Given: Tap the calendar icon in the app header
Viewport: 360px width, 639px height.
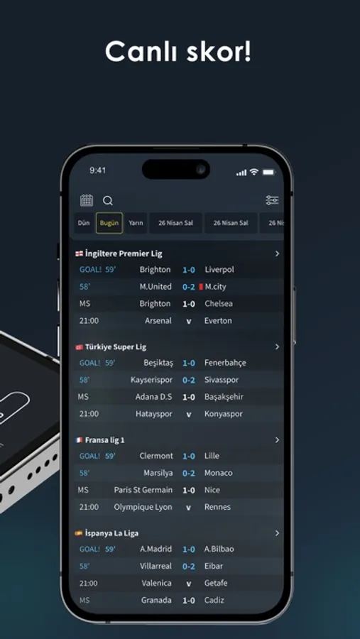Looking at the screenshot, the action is click(x=87, y=200).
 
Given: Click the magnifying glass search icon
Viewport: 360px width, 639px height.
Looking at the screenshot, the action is click(x=108, y=200).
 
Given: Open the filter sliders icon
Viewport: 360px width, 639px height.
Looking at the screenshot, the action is click(x=272, y=200).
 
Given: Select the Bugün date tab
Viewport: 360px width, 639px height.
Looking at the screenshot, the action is click(x=109, y=223).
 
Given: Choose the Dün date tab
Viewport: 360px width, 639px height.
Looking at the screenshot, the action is click(x=84, y=223).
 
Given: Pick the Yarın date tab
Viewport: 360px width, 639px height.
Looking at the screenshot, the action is click(x=136, y=223).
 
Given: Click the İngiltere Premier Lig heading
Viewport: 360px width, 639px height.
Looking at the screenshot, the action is click(x=124, y=253).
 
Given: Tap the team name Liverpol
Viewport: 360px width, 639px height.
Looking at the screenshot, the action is click(x=219, y=269).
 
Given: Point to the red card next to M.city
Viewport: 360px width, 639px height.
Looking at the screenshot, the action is click(x=201, y=287).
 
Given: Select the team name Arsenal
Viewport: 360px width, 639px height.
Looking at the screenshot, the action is click(x=158, y=321).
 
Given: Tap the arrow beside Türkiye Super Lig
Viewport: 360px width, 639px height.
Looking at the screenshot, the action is click(x=277, y=346).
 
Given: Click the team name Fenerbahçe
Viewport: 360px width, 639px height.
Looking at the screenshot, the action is click(x=225, y=363).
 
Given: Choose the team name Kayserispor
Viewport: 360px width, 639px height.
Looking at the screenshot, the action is click(x=151, y=380).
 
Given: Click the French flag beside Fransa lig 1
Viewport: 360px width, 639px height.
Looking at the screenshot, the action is click(x=79, y=440).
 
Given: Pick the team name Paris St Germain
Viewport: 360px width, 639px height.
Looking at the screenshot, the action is click(x=143, y=490).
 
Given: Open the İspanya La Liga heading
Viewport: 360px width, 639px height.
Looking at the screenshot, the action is click(x=111, y=533).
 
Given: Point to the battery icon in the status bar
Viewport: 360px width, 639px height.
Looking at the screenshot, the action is click(x=268, y=173).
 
